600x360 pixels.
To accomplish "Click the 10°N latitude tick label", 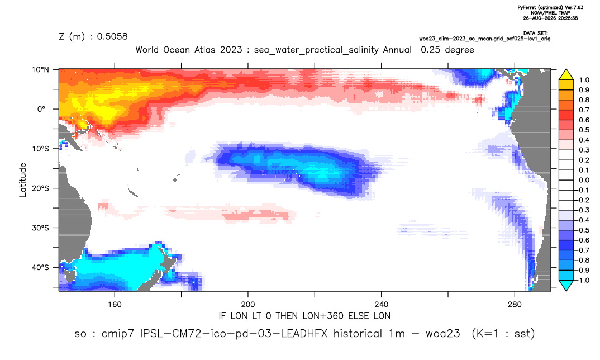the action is [x=41, y=70].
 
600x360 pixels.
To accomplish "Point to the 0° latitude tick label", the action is [x=41, y=109].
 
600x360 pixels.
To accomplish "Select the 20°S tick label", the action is [x=41, y=188].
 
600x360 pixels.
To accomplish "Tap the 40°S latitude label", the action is [x=41, y=267].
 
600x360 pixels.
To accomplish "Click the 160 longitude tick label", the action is [x=115, y=305].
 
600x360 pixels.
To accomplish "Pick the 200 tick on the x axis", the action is [x=248, y=305].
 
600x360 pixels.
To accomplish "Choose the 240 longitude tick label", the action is [x=382, y=305].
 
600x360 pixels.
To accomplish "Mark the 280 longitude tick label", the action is [x=515, y=305].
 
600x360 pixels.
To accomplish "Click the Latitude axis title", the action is [x=23, y=180].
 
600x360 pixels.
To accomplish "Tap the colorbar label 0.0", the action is [x=584, y=180].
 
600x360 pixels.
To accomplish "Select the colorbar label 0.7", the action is [x=584, y=110].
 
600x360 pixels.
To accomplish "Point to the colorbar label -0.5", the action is [x=583, y=230].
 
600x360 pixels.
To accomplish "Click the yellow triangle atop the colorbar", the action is [x=566, y=75].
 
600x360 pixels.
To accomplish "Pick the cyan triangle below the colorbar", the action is [x=566, y=285].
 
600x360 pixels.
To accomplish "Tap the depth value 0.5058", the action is [x=112, y=36].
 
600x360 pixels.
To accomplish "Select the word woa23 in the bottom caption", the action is [x=442, y=334].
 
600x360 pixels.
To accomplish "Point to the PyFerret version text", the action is [x=550, y=7].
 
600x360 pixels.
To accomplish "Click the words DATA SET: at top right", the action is [x=535, y=34].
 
